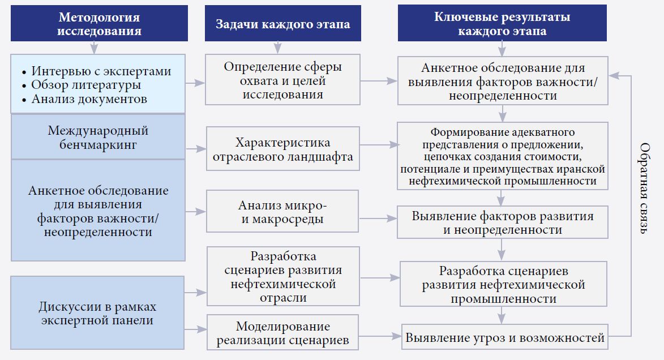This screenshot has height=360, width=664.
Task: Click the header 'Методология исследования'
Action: (98, 24)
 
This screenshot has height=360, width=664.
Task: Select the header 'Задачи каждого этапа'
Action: (282, 24)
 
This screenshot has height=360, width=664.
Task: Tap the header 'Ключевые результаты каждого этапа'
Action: (502, 24)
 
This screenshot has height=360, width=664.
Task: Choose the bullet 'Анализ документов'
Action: (89, 99)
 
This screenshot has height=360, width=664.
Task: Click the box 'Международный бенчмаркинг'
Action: (98, 138)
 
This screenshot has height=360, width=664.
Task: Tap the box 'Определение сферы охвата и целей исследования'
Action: (282, 80)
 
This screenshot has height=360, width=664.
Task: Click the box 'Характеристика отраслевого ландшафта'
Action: (282, 150)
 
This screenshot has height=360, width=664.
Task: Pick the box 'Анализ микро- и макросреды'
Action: (282, 212)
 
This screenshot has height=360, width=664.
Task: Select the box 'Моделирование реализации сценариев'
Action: (282, 333)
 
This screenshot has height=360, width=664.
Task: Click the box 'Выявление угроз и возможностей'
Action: (505, 338)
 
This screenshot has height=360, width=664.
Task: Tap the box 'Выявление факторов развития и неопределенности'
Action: (503, 222)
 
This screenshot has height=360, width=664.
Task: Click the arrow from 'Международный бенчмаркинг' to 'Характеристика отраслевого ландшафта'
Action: (196, 149)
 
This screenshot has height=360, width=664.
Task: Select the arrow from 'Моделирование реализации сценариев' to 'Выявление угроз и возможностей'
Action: (380, 337)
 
